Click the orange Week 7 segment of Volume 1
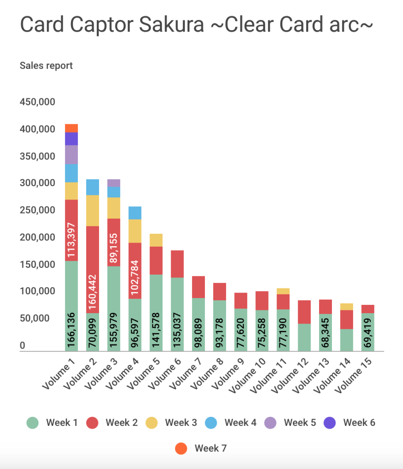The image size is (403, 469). [71, 128]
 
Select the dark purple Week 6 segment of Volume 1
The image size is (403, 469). [71, 139]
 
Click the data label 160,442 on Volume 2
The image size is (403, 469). [93, 292]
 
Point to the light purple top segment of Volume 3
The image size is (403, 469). [114, 183]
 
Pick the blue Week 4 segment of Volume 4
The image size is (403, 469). [135, 213]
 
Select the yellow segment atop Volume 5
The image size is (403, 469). [156, 240]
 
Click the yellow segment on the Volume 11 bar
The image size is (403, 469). [283, 291]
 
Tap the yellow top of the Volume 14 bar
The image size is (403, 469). [347, 307]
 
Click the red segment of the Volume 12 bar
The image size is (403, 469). [304, 312]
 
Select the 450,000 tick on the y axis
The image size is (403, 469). [38, 102]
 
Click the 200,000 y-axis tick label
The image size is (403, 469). [38, 237]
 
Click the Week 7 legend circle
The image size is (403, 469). [181, 448]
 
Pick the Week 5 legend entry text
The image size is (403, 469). [300, 422]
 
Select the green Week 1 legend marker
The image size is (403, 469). [32, 423]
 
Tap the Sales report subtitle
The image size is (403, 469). [46, 66]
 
